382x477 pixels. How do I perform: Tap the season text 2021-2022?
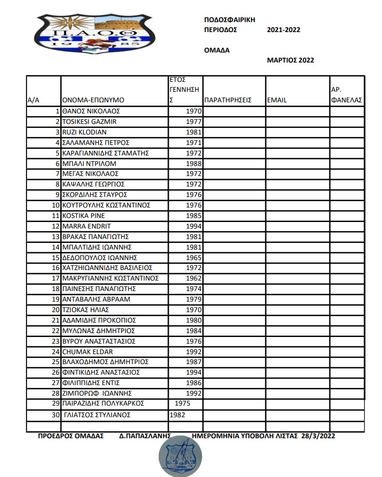[283, 30]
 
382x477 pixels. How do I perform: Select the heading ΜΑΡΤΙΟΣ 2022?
[290, 60]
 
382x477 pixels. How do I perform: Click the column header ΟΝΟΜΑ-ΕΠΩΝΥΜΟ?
[93, 100]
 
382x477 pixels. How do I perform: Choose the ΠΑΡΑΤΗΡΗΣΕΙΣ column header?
[228, 100]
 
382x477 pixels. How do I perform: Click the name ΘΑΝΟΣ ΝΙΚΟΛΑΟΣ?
[91, 111]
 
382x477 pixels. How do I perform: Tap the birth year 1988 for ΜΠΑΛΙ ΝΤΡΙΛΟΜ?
[194, 164]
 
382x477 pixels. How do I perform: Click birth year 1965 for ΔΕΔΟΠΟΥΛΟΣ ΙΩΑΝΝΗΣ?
[194, 258]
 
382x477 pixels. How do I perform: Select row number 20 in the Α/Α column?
[55, 310]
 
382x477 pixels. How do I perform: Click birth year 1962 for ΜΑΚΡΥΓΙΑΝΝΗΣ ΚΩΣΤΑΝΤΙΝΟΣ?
[194, 278]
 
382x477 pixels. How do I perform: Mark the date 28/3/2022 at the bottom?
[318, 436]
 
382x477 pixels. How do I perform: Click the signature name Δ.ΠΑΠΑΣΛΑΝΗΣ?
[145, 436]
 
